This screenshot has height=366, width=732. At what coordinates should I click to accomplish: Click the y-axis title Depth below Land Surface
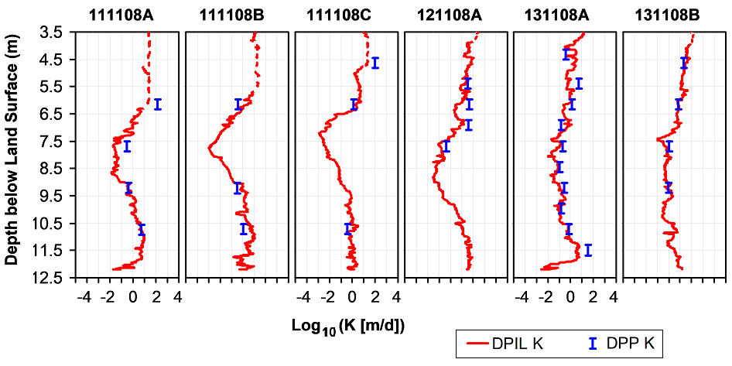click(x=12, y=155)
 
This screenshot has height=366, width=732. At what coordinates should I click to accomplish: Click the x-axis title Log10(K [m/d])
click(x=349, y=326)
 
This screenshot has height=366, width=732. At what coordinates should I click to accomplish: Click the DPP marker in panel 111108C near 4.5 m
click(x=375, y=63)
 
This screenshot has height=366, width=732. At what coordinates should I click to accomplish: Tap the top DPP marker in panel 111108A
click(x=157, y=104)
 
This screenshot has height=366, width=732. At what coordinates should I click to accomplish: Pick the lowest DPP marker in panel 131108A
click(x=588, y=249)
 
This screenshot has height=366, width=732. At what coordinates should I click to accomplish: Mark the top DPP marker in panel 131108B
click(x=684, y=63)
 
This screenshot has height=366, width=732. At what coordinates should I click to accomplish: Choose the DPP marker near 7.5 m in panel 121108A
click(x=446, y=146)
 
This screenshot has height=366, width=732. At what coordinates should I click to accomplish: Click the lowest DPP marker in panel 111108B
click(x=243, y=228)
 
